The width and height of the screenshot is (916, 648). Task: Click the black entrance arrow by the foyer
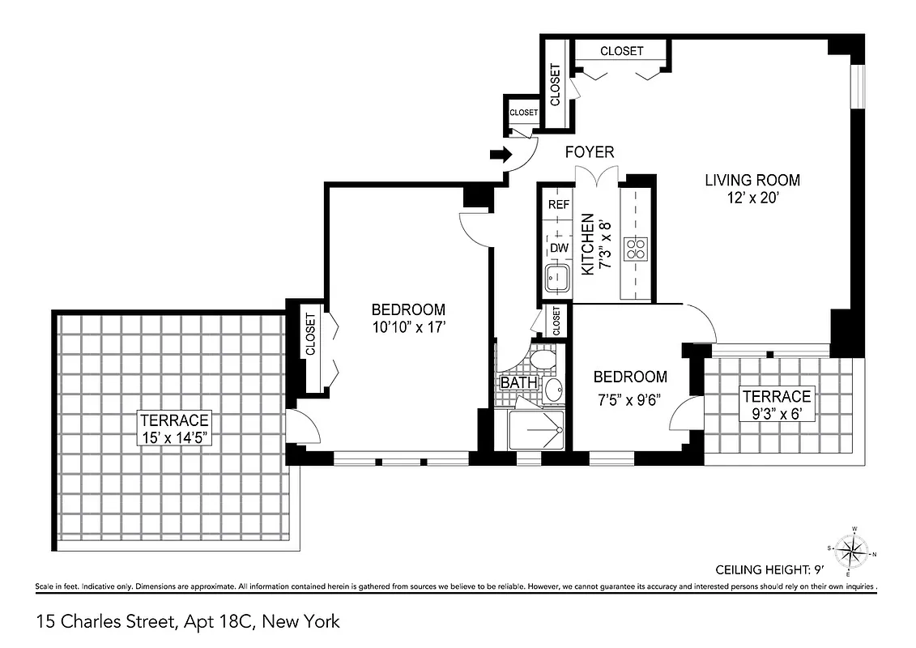(498, 154)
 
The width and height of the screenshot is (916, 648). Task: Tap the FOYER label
(589, 151)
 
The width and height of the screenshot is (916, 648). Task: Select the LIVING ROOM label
(752, 180)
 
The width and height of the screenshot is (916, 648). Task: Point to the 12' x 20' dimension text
(752, 197)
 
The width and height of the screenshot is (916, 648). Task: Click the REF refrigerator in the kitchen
(558, 204)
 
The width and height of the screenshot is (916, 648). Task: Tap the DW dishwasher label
(559, 248)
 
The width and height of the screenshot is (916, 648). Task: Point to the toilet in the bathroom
(541, 357)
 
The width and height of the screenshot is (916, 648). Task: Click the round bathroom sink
(553, 390)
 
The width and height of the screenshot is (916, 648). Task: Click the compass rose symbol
(850, 551)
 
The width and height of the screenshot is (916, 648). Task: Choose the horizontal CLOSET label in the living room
(621, 51)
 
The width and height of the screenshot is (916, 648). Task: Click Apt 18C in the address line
(218, 622)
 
